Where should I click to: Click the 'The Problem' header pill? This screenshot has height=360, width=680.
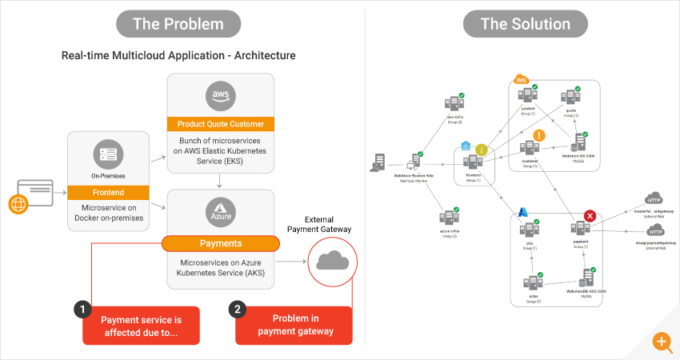coord(178,24)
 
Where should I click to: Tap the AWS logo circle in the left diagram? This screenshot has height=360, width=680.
coord(220,95)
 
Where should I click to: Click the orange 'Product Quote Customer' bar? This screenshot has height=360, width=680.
coord(220,124)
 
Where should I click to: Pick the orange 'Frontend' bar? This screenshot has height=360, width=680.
coord(107,192)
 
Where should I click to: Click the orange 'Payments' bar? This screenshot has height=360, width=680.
coord(220,242)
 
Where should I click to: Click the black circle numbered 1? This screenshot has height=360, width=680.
coord(82,309)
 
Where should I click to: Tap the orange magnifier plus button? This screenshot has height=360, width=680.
coord(662,342)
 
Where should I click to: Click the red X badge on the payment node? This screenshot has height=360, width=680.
coord(590,216)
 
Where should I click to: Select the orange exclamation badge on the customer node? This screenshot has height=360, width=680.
coord(539,136)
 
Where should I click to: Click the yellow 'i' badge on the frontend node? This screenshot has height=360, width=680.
coord(482,150)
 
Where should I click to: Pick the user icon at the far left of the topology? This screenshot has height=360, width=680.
coord(375,163)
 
